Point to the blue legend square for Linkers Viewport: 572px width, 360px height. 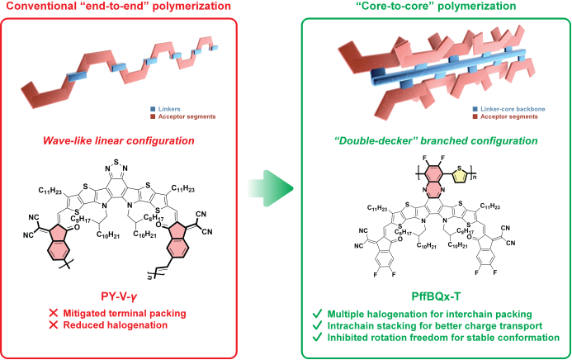coord(154,107)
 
